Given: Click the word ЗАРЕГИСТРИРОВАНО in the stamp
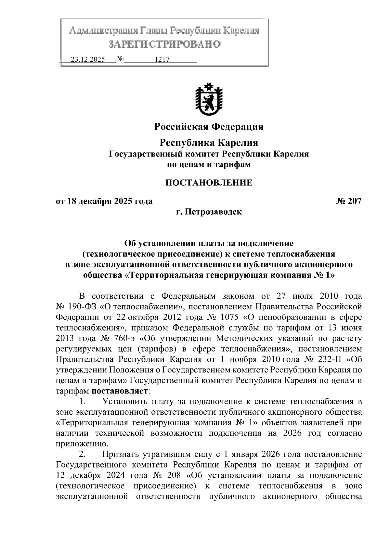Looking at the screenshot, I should point(164,44).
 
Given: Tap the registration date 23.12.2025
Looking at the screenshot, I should point(88,60).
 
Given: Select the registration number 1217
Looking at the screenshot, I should point(162,60).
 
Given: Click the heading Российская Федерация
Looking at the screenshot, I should point(209,126).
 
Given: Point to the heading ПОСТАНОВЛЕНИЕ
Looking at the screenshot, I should point(209,182).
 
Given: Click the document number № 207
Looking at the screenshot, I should point(348,201).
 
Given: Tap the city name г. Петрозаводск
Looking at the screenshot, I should point(209,212).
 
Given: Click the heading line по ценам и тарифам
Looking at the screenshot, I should point(209,165).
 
